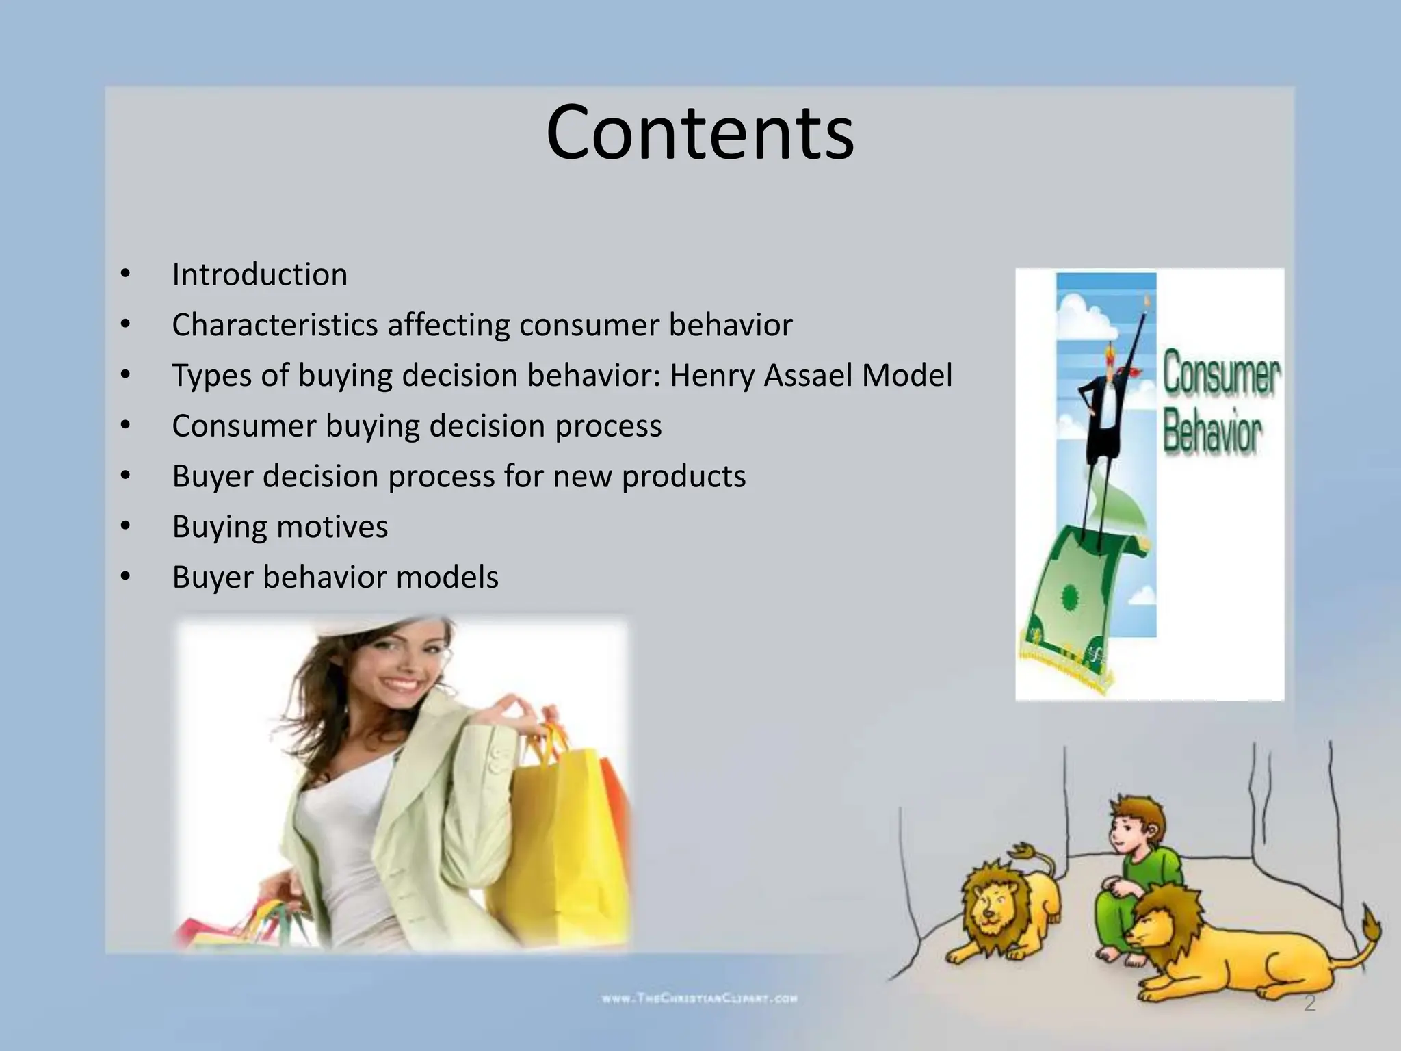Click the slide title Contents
(x=700, y=132)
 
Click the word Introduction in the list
(x=259, y=274)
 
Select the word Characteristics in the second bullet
(x=274, y=325)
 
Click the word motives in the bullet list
(x=332, y=527)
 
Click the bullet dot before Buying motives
(x=125, y=527)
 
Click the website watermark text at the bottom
(x=699, y=998)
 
